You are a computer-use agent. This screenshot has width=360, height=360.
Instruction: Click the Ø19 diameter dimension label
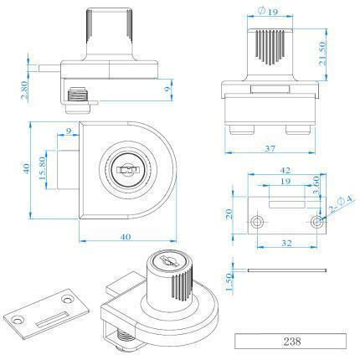click(x=268, y=12)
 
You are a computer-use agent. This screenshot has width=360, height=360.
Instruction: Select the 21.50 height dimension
click(x=323, y=54)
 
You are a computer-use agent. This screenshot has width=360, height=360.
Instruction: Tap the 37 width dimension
click(x=270, y=149)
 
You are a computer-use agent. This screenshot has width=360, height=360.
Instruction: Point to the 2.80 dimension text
click(x=24, y=90)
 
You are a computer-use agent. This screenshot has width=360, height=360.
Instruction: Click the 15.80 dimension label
click(x=42, y=168)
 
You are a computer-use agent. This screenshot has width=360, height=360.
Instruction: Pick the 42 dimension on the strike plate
click(x=285, y=170)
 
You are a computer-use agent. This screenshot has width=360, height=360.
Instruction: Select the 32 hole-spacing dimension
click(x=286, y=243)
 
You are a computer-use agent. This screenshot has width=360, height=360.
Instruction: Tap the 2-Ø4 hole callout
click(x=341, y=204)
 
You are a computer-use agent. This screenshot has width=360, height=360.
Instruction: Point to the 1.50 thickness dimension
click(x=229, y=284)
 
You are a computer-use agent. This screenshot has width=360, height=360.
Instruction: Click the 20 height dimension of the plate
click(x=229, y=214)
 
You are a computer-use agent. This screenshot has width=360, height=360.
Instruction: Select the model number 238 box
click(x=291, y=341)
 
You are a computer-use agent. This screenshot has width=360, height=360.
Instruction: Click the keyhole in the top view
click(x=128, y=170)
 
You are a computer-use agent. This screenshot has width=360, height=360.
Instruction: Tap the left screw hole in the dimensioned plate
click(x=257, y=222)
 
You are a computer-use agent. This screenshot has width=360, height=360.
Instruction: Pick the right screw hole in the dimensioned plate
click(x=317, y=222)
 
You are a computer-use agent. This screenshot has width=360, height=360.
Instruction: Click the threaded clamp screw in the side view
click(x=77, y=94)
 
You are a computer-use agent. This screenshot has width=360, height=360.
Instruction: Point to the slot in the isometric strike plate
click(x=52, y=319)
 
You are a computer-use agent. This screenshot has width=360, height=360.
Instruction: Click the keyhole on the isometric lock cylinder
click(x=167, y=261)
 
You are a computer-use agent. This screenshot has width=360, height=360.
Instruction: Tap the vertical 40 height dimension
click(x=26, y=168)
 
